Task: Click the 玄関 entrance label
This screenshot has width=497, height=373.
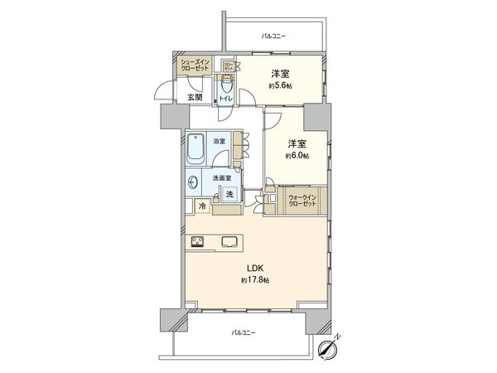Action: [x=195, y=97]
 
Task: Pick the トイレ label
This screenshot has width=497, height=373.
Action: [x=225, y=98]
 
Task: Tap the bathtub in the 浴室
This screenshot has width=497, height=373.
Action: [x=196, y=149]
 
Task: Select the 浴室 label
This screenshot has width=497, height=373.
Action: [x=221, y=142]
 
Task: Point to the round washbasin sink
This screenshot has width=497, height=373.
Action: [x=194, y=182]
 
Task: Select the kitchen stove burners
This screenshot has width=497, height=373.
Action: [x=200, y=243]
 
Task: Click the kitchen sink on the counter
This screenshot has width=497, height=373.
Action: [x=230, y=243]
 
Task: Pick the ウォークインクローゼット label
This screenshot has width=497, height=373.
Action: [x=301, y=200]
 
